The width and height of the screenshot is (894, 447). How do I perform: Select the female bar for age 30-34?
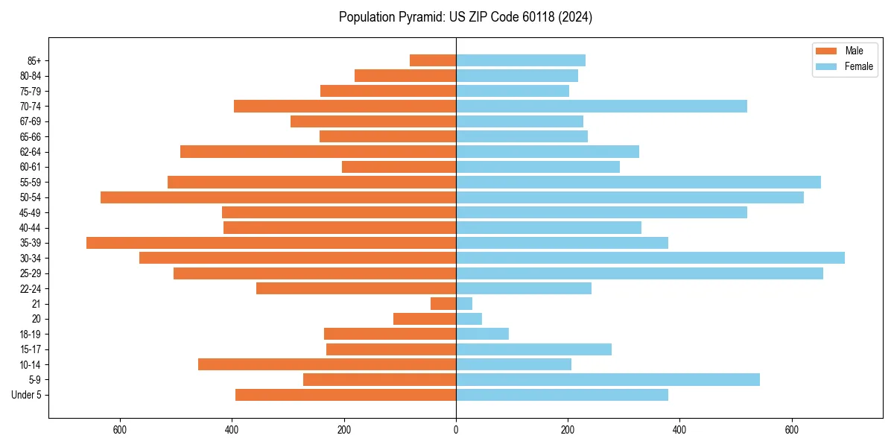coord(650,258)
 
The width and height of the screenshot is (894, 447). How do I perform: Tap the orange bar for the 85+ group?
coord(433,60)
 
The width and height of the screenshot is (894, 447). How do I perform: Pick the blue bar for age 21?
coord(464,303)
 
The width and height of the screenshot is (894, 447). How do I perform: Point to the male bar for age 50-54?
coord(278,197)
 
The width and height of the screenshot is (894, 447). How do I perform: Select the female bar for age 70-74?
coord(601,106)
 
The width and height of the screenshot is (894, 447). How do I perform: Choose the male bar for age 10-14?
coord(327,364)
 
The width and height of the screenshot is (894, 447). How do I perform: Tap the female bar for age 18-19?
coord(483,334)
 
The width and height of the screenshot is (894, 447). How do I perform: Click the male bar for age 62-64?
coord(318,151)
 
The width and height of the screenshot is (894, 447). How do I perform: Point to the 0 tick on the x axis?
coord(456,430)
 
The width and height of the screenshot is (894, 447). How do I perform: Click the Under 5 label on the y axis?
coord(27,395)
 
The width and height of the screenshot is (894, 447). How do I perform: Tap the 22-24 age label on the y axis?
coord(31,288)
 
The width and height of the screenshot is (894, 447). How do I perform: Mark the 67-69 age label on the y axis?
coord(31,121)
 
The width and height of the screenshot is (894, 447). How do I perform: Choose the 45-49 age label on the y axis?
coord(31,212)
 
